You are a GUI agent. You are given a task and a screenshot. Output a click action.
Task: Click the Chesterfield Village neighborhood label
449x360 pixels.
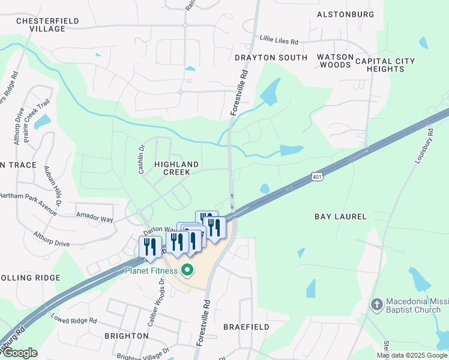tap(40, 24)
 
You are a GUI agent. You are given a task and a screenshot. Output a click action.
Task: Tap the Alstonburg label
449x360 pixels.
tap(345, 14)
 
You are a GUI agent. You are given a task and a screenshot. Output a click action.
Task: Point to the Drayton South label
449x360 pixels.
tap(271, 58)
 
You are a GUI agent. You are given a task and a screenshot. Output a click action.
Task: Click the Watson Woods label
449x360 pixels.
tap(335, 61)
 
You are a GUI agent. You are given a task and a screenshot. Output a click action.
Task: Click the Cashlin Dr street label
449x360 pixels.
tap(142, 159)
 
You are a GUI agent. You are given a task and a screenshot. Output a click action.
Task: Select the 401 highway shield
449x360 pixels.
tap(318, 176)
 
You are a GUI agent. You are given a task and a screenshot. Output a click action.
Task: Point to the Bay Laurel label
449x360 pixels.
tap(340, 215)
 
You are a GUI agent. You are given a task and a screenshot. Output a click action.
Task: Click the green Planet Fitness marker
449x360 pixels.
tap(187, 271)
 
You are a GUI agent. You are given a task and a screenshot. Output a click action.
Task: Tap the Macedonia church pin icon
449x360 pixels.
tap(376, 304)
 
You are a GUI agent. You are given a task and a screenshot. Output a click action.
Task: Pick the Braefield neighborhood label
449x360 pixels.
tap(246, 327)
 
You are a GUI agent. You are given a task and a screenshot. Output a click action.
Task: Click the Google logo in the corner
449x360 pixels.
tap(19, 353)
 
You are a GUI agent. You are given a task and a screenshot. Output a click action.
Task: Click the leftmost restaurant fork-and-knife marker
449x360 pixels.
tap(149, 247)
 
